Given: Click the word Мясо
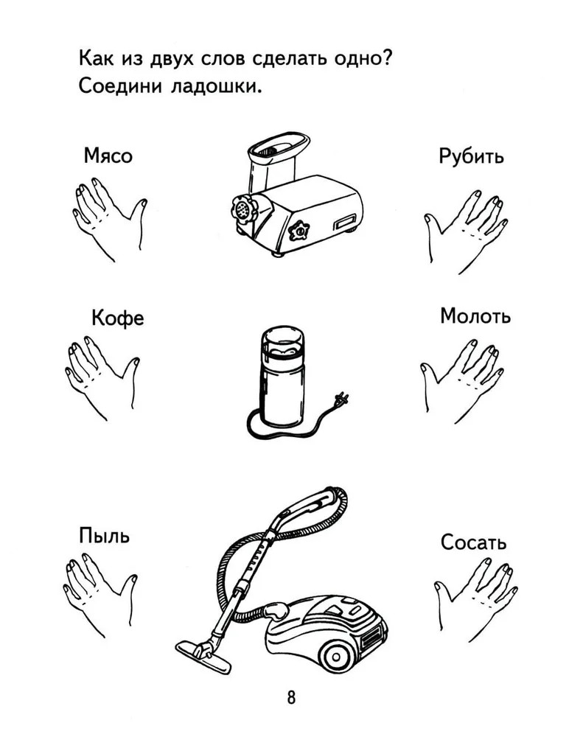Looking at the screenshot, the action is [108, 156].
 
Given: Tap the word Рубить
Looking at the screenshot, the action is [471, 156].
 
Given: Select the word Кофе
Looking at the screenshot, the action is [118, 318].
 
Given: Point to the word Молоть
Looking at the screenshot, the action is [475, 316].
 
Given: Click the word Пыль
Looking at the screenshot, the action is [104, 535].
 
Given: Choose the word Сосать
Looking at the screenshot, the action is [473, 542].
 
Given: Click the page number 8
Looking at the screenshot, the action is [292, 697].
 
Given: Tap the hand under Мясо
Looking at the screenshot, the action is [109, 218].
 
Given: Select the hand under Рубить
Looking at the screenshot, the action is [466, 231].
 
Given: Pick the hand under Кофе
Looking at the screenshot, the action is [102, 377].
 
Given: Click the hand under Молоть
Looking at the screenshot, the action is [462, 380].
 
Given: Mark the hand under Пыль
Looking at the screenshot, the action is [100, 594].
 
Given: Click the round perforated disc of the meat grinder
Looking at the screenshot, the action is [243, 209].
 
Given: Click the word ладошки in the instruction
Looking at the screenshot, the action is [215, 86].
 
